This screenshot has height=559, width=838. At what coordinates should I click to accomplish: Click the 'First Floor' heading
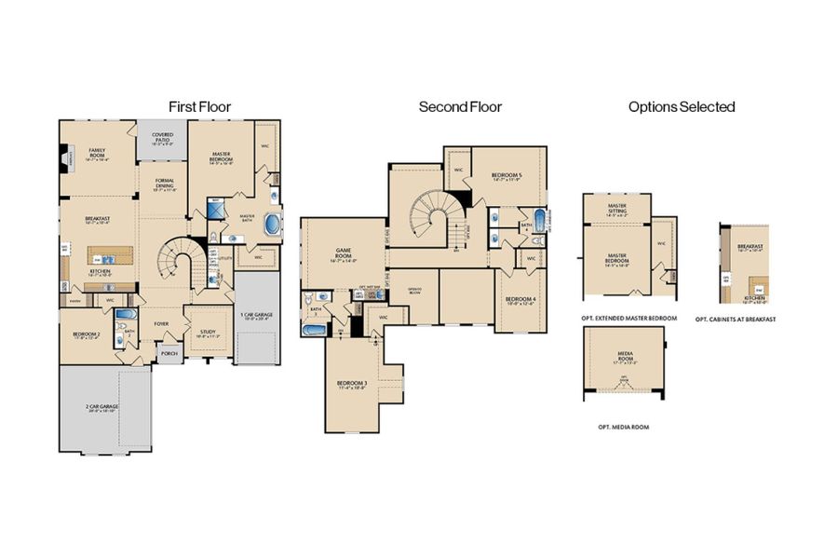(x=199, y=107)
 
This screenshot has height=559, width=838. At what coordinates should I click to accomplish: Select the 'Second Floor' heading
(x=460, y=107)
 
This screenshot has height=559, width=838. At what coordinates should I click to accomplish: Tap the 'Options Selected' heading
(x=682, y=107)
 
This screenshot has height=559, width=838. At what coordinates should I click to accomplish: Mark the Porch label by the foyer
(x=169, y=353)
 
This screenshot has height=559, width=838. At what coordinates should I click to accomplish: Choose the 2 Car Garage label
(x=104, y=407)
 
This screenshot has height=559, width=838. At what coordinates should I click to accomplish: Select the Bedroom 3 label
(x=351, y=384)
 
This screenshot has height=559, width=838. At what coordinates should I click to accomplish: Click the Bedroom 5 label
(x=507, y=176)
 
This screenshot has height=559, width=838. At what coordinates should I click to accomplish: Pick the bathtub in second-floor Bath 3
(x=314, y=329)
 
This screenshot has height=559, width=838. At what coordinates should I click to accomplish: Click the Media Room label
(x=625, y=355)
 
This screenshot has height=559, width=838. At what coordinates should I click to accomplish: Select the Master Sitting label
(x=616, y=209)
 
